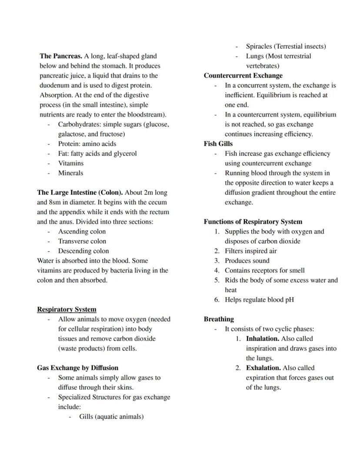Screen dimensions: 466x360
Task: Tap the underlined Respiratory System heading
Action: pos(67,309)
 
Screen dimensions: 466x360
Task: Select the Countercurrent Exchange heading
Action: pos(243,76)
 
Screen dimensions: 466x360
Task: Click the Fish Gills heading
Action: pos(218,144)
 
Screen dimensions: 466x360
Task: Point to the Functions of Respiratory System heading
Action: pos(253,221)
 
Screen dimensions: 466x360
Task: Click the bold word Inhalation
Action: pos(263,339)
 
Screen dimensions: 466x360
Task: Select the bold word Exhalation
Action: pos(263,368)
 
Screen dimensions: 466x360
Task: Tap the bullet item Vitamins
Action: pos(71,163)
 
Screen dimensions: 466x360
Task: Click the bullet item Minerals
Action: pos(70,173)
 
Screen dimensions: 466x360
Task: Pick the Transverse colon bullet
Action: pos(82,241)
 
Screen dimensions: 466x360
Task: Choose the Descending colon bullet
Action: pos(83,251)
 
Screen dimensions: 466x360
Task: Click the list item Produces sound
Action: pos(247,261)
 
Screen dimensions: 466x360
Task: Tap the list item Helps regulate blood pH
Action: pos(259,299)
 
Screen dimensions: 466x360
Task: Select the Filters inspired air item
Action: pos(250,251)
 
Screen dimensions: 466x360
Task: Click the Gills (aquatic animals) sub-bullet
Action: pos(111,416)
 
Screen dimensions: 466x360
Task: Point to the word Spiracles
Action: pos(259,46)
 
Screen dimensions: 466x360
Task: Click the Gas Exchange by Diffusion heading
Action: pos(77,368)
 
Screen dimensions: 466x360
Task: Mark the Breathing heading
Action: pos(219,319)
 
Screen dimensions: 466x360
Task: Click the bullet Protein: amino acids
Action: pos(87,144)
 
